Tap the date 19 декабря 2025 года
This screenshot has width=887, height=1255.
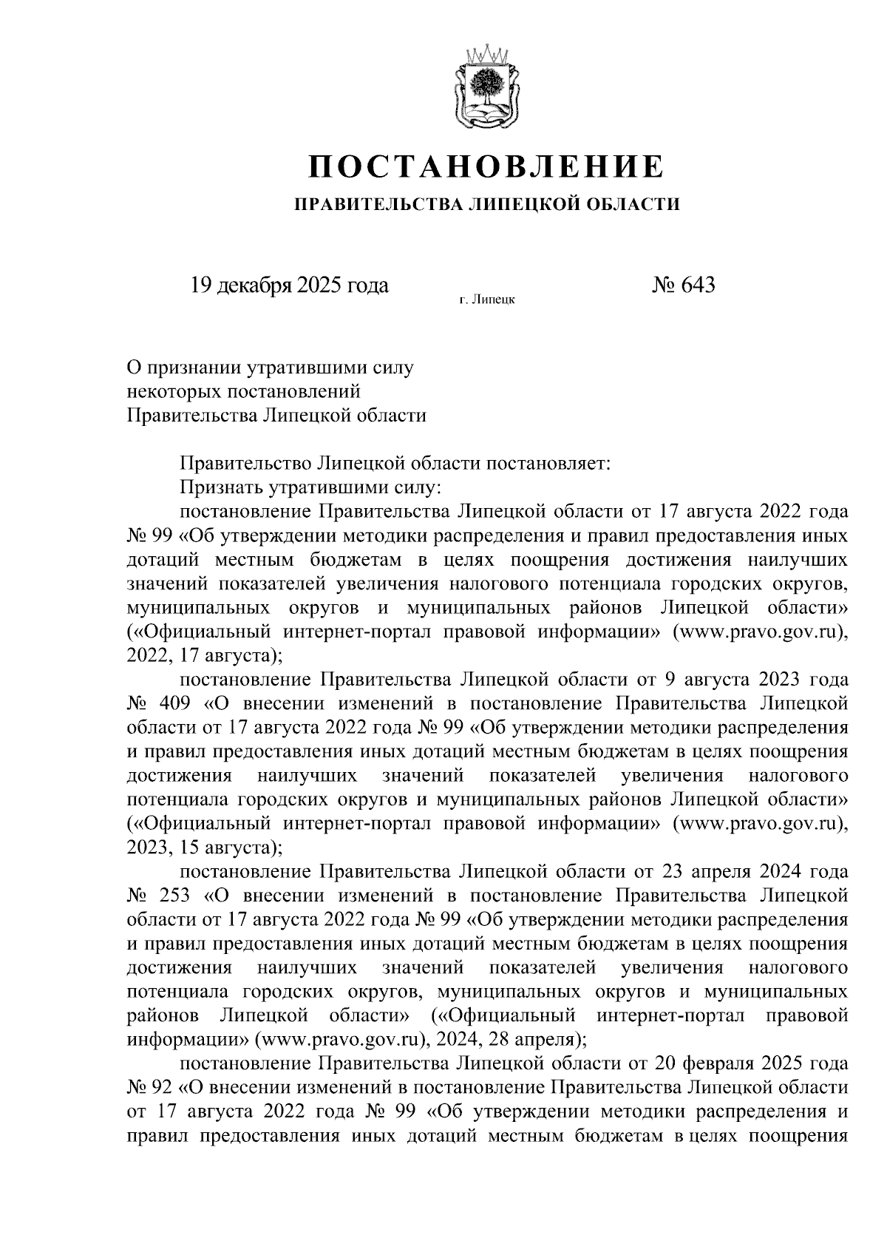pos(289,285)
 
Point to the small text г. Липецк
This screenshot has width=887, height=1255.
pos(486,300)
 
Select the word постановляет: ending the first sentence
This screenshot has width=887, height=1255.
pos(546,464)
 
